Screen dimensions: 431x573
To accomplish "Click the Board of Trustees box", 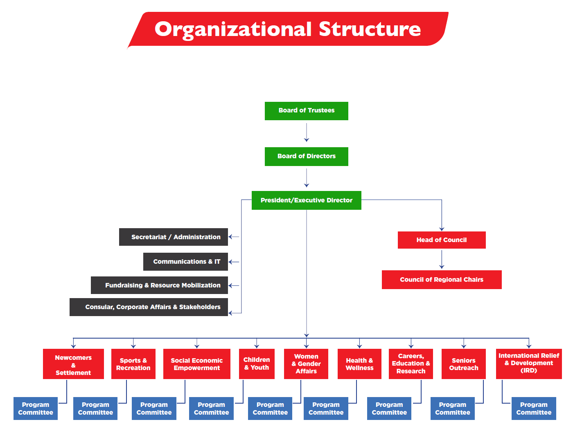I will [x=306, y=111].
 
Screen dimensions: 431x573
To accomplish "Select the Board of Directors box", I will [x=306, y=156].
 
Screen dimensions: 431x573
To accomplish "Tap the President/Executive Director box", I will [x=306, y=200].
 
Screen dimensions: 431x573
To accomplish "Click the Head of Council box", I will [x=442, y=240].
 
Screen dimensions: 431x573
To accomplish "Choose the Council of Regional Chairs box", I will [x=442, y=280].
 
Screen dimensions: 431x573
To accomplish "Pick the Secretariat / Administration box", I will [x=174, y=237].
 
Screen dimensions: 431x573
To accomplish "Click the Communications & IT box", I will [x=185, y=262].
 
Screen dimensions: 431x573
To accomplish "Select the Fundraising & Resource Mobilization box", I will [x=159, y=285].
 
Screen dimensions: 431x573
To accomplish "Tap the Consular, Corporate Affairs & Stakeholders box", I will [x=149, y=307].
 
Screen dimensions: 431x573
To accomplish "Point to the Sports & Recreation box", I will [x=133, y=364].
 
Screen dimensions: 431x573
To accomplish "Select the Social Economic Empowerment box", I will [x=196, y=364].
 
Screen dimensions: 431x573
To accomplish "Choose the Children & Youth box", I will [x=257, y=364].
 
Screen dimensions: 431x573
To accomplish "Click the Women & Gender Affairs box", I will [x=306, y=364].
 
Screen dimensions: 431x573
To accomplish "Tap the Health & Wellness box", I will [x=359, y=364].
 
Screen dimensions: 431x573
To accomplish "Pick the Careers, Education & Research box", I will [x=411, y=364].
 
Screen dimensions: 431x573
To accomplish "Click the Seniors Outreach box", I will [x=464, y=364].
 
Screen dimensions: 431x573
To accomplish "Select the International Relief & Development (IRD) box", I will [x=529, y=364].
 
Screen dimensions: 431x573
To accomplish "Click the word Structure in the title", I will [x=370, y=29].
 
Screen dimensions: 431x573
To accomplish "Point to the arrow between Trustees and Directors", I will [x=307, y=133].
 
